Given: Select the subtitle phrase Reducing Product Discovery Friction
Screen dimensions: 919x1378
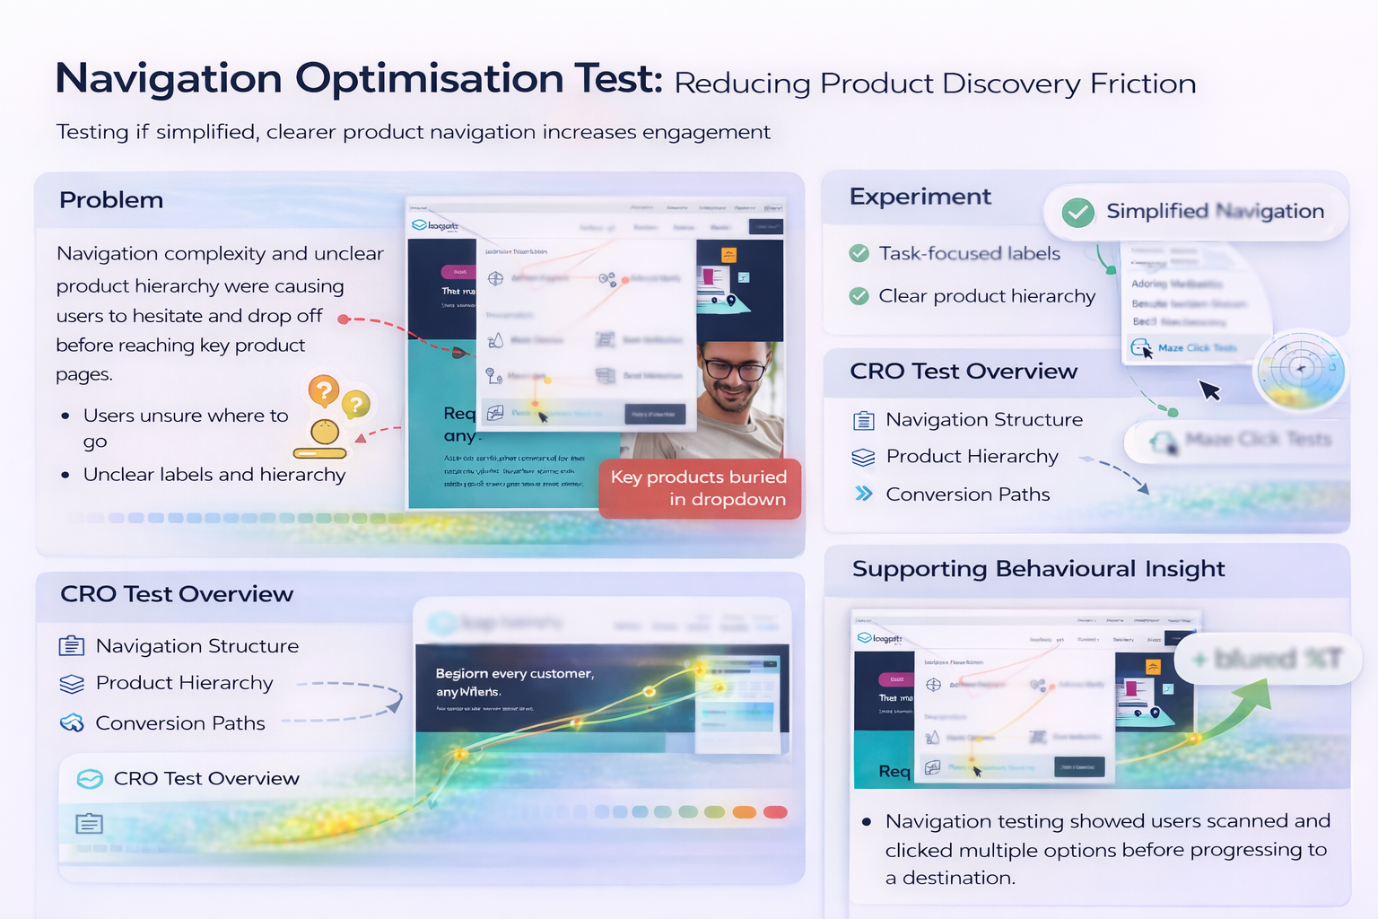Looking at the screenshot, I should (935, 83).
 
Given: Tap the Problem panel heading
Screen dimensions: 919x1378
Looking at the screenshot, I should (111, 200).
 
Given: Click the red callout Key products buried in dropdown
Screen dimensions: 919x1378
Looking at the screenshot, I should (699, 488).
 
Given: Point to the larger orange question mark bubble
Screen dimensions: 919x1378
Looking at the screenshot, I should (324, 391).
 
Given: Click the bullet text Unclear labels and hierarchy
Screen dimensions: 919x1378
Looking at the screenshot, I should (214, 475).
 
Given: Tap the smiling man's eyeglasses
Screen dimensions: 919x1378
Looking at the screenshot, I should (734, 368).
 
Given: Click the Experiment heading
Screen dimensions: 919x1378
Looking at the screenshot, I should (920, 197).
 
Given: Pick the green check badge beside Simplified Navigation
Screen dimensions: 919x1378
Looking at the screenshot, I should (1077, 213).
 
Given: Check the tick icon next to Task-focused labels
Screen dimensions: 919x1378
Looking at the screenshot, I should (859, 253).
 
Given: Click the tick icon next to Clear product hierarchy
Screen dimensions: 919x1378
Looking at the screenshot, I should (859, 296).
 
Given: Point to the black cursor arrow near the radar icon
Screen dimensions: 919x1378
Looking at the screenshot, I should (1209, 390).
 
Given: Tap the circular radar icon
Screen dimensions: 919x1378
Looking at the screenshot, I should (1300, 369).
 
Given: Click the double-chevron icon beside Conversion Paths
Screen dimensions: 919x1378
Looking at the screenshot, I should (863, 494).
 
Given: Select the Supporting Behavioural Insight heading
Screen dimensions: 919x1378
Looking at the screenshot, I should (1038, 569).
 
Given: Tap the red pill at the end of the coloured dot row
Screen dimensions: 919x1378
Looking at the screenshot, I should (775, 812).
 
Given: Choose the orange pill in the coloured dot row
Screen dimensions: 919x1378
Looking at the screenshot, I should (744, 812).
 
